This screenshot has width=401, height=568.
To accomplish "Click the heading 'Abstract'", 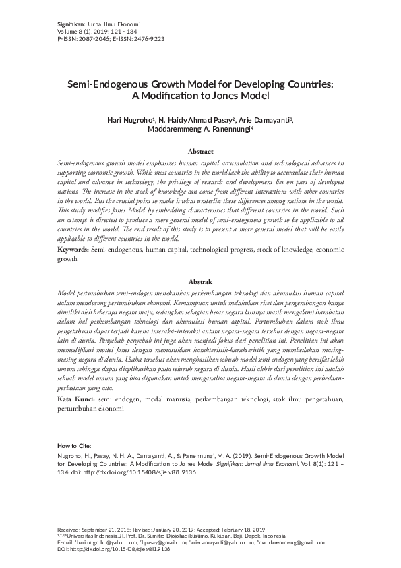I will tap(200, 152).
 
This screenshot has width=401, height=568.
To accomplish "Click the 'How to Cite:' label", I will tap(75, 446).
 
